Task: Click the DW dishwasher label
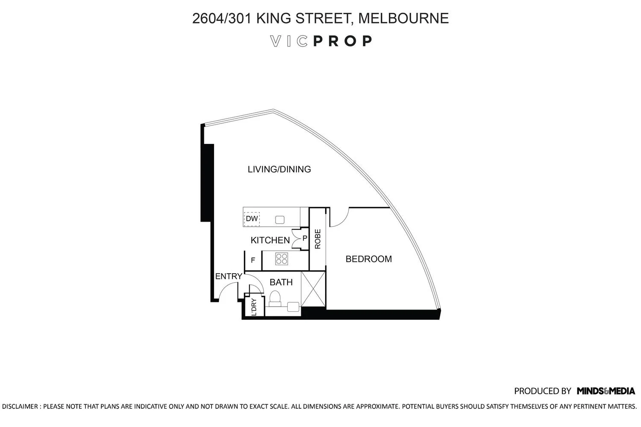[x=252, y=219]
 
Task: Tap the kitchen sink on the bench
[x=279, y=219]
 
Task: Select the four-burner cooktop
[x=281, y=258]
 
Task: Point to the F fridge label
[x=253, y=260]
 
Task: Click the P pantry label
[x=305, y=238]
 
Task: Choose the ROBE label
[x=318, y=239]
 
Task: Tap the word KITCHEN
[x=270, y=240]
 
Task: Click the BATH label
[x=281, y=282]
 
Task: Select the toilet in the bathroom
[x=275, y=298]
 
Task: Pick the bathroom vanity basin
[x=293, y=307]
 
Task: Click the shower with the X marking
[x=313, y=289]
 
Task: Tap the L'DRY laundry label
[x=254, y=307]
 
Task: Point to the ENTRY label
[x=229, y=276]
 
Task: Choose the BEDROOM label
[x=368, y=259]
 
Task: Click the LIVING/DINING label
[x=279, y=170]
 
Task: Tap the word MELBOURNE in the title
[x=403, y=18]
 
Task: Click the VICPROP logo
[x=321, y=41]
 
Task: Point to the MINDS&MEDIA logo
[x=606, y=391]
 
